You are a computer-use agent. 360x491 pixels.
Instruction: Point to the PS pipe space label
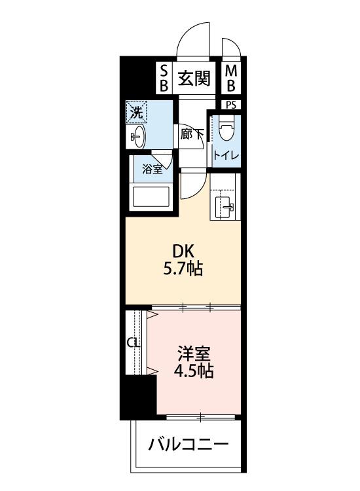coord(231,105)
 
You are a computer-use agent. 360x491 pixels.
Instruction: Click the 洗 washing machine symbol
coord(136,113)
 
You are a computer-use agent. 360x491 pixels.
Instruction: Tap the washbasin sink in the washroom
coord(137,136)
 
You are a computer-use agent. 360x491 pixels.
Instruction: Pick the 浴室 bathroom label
coord(152,168)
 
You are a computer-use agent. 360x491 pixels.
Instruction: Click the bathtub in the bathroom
coord(151,196)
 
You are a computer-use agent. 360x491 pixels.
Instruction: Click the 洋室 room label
coord(193,355)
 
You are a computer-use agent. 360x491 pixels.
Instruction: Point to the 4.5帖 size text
coord(193,373)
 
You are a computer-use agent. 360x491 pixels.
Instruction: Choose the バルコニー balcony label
coord(188,446)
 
